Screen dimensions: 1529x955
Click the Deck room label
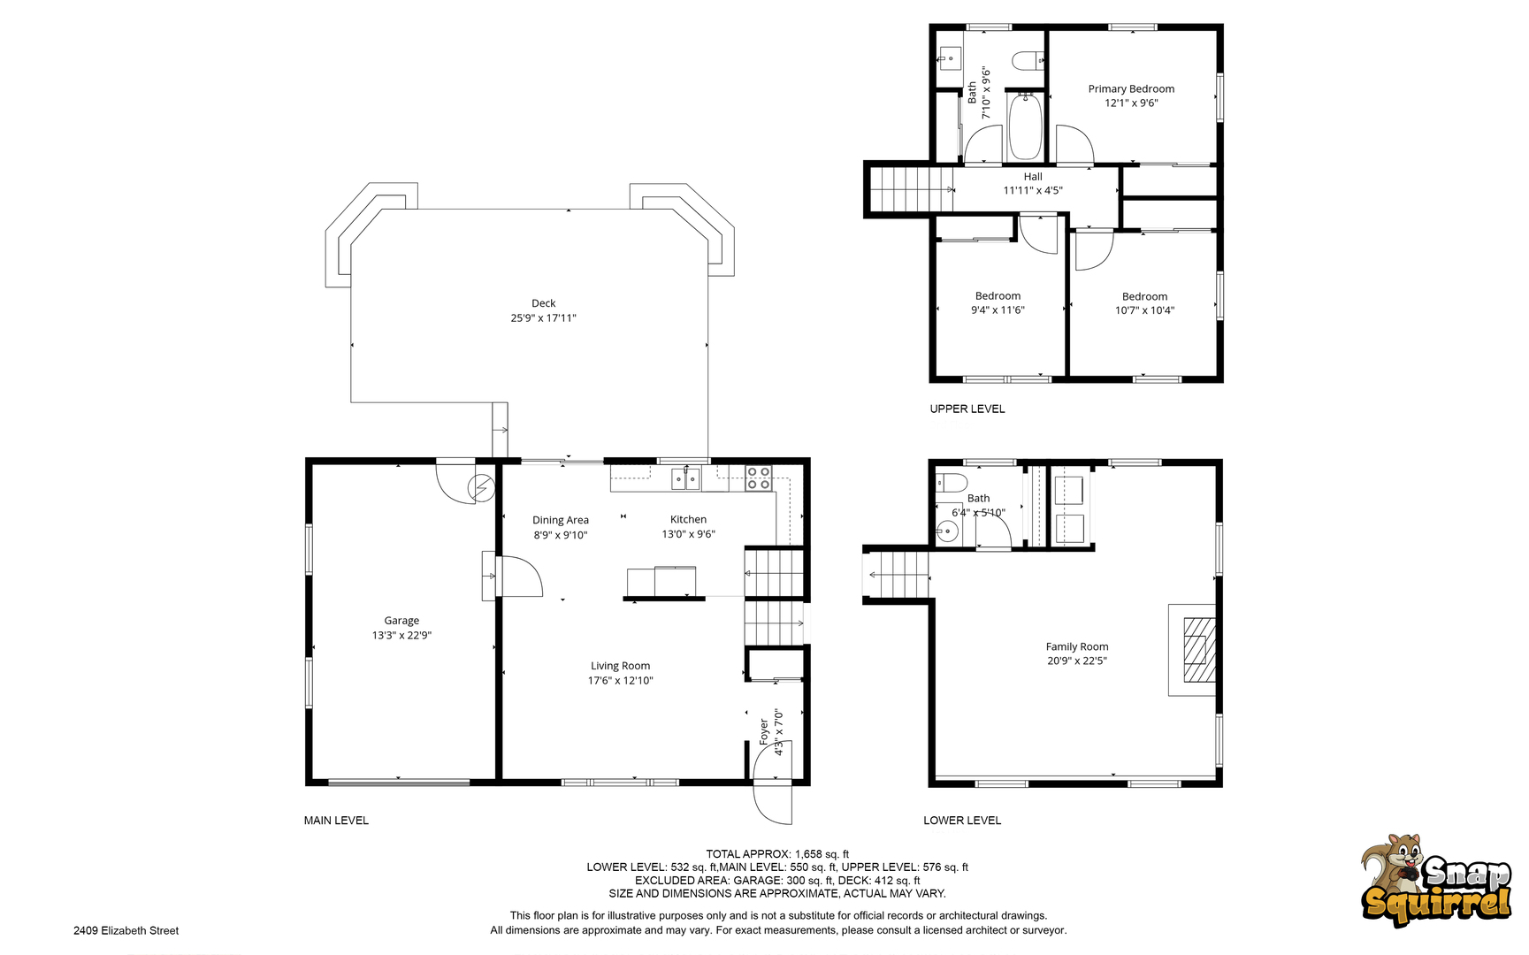click(543, 303)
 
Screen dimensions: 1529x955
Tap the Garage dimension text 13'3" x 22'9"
click(401, 635)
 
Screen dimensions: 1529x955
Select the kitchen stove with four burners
click(759, 478)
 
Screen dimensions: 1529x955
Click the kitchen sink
click(685, 478)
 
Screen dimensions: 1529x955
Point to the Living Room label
click(620, 666)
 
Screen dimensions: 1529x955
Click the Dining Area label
click(560, 520)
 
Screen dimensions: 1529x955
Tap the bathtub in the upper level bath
click(1025, 126)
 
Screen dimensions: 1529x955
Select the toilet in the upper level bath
click(1028, 61)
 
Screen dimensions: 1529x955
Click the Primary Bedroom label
click(1131, 88)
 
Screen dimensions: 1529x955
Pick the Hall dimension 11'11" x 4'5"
click(1033, 190)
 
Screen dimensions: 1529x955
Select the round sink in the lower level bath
click(947, 531)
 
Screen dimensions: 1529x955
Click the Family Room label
click(1076, 646)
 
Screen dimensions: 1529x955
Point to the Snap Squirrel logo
click(1436, 881)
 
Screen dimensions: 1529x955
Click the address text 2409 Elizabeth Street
click(126, 930)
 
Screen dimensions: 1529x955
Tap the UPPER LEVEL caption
click(967, 409)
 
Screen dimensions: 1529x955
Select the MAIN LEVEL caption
click(336, 821)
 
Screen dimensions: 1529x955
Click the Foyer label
click(764, 732)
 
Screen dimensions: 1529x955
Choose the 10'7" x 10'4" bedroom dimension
click(1144, 310)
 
